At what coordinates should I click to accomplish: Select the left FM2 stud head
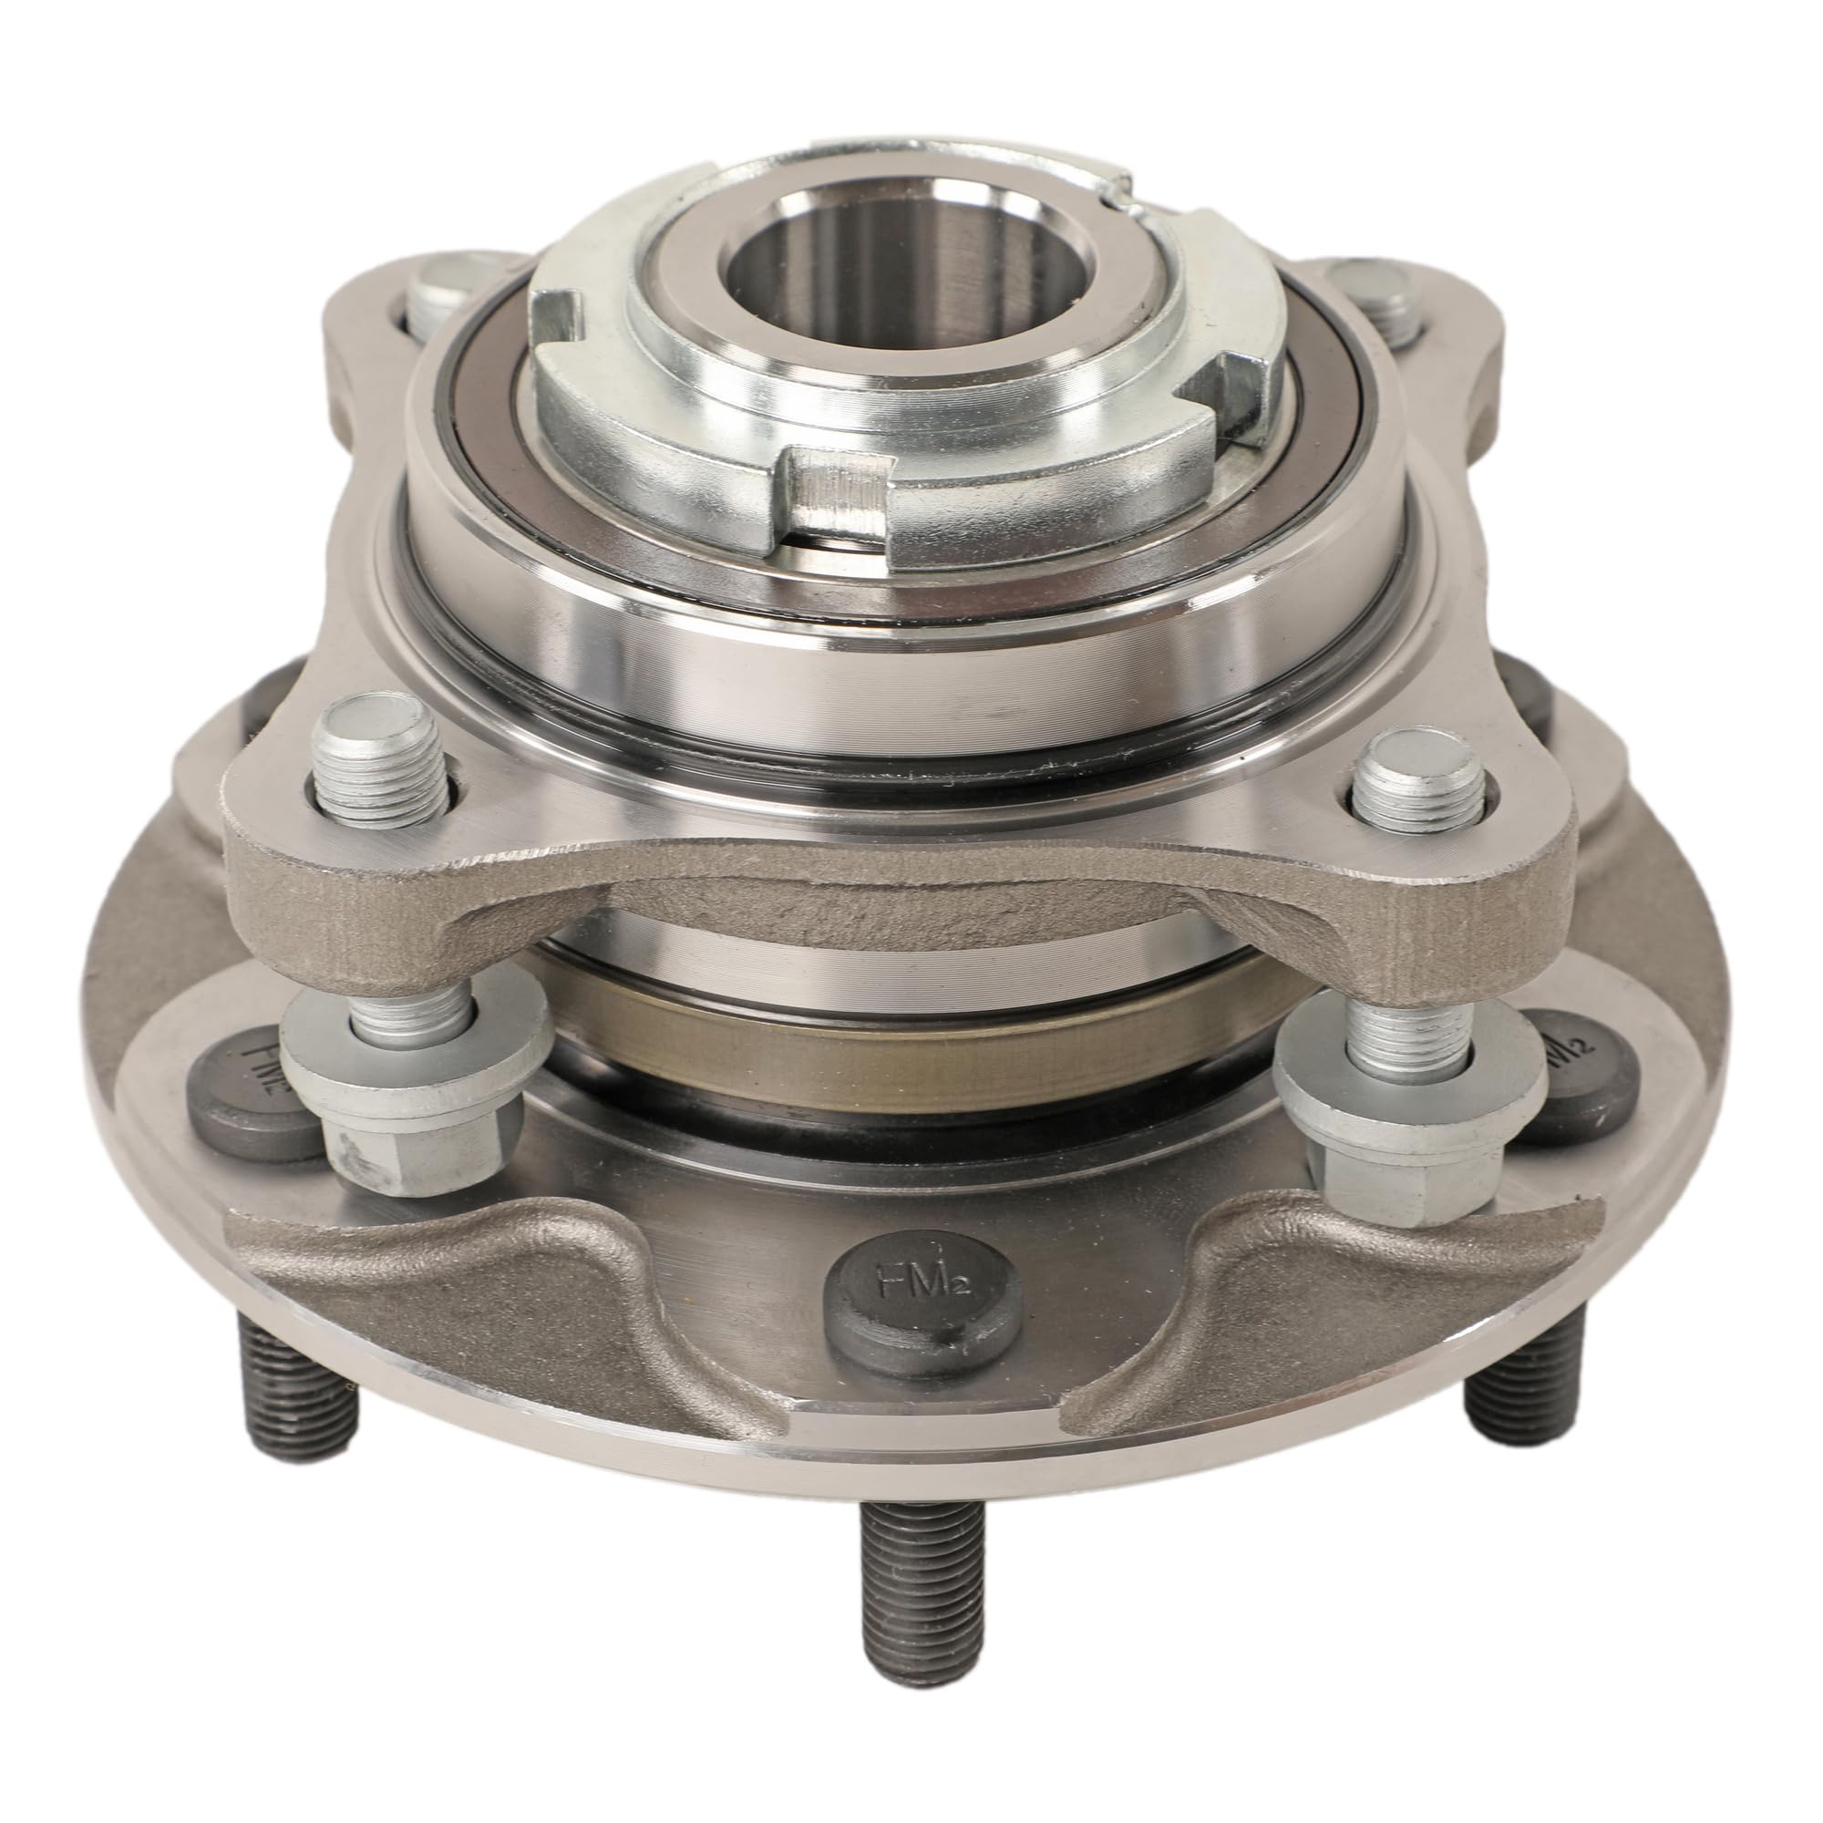252,1095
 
